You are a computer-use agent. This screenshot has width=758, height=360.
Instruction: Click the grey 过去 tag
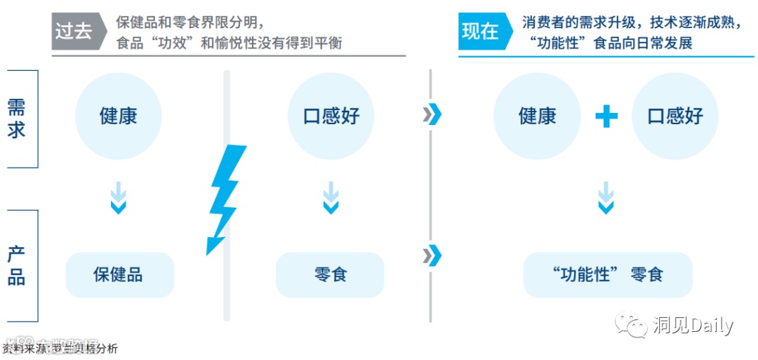(x=74, y=32)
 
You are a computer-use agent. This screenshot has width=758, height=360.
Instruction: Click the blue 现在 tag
(x=481, y=32)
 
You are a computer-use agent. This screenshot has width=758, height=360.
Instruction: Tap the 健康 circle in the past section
(x=118, y=116)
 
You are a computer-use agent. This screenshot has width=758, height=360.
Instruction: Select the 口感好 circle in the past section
(x=331, y=116)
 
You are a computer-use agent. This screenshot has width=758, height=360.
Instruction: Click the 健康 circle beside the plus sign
(x=537, y=116)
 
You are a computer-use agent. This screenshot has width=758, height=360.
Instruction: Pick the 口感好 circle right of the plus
(x=675, y=116)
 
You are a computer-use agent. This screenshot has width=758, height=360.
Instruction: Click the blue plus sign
(x=606, y=116)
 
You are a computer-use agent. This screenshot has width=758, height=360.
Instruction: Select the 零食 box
(x=330, y=274)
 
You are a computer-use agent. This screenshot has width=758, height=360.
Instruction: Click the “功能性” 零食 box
(x=608, y=274)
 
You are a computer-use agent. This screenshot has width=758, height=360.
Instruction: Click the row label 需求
(x=17, y=118)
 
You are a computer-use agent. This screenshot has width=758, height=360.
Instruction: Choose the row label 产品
(x=17, y=265)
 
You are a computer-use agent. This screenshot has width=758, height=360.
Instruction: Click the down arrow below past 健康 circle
(x=119, y=197)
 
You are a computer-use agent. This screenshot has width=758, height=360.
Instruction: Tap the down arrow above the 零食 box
(x=331, y=197)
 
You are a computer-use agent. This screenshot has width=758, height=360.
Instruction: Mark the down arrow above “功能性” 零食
(x=606, y=197)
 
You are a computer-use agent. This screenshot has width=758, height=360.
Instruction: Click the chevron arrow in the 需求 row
(x=432, y=114)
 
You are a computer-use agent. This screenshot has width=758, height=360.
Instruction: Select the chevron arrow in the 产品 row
(x=432, y=255)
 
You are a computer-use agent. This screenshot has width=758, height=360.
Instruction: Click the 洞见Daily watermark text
(x=692, y=325)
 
